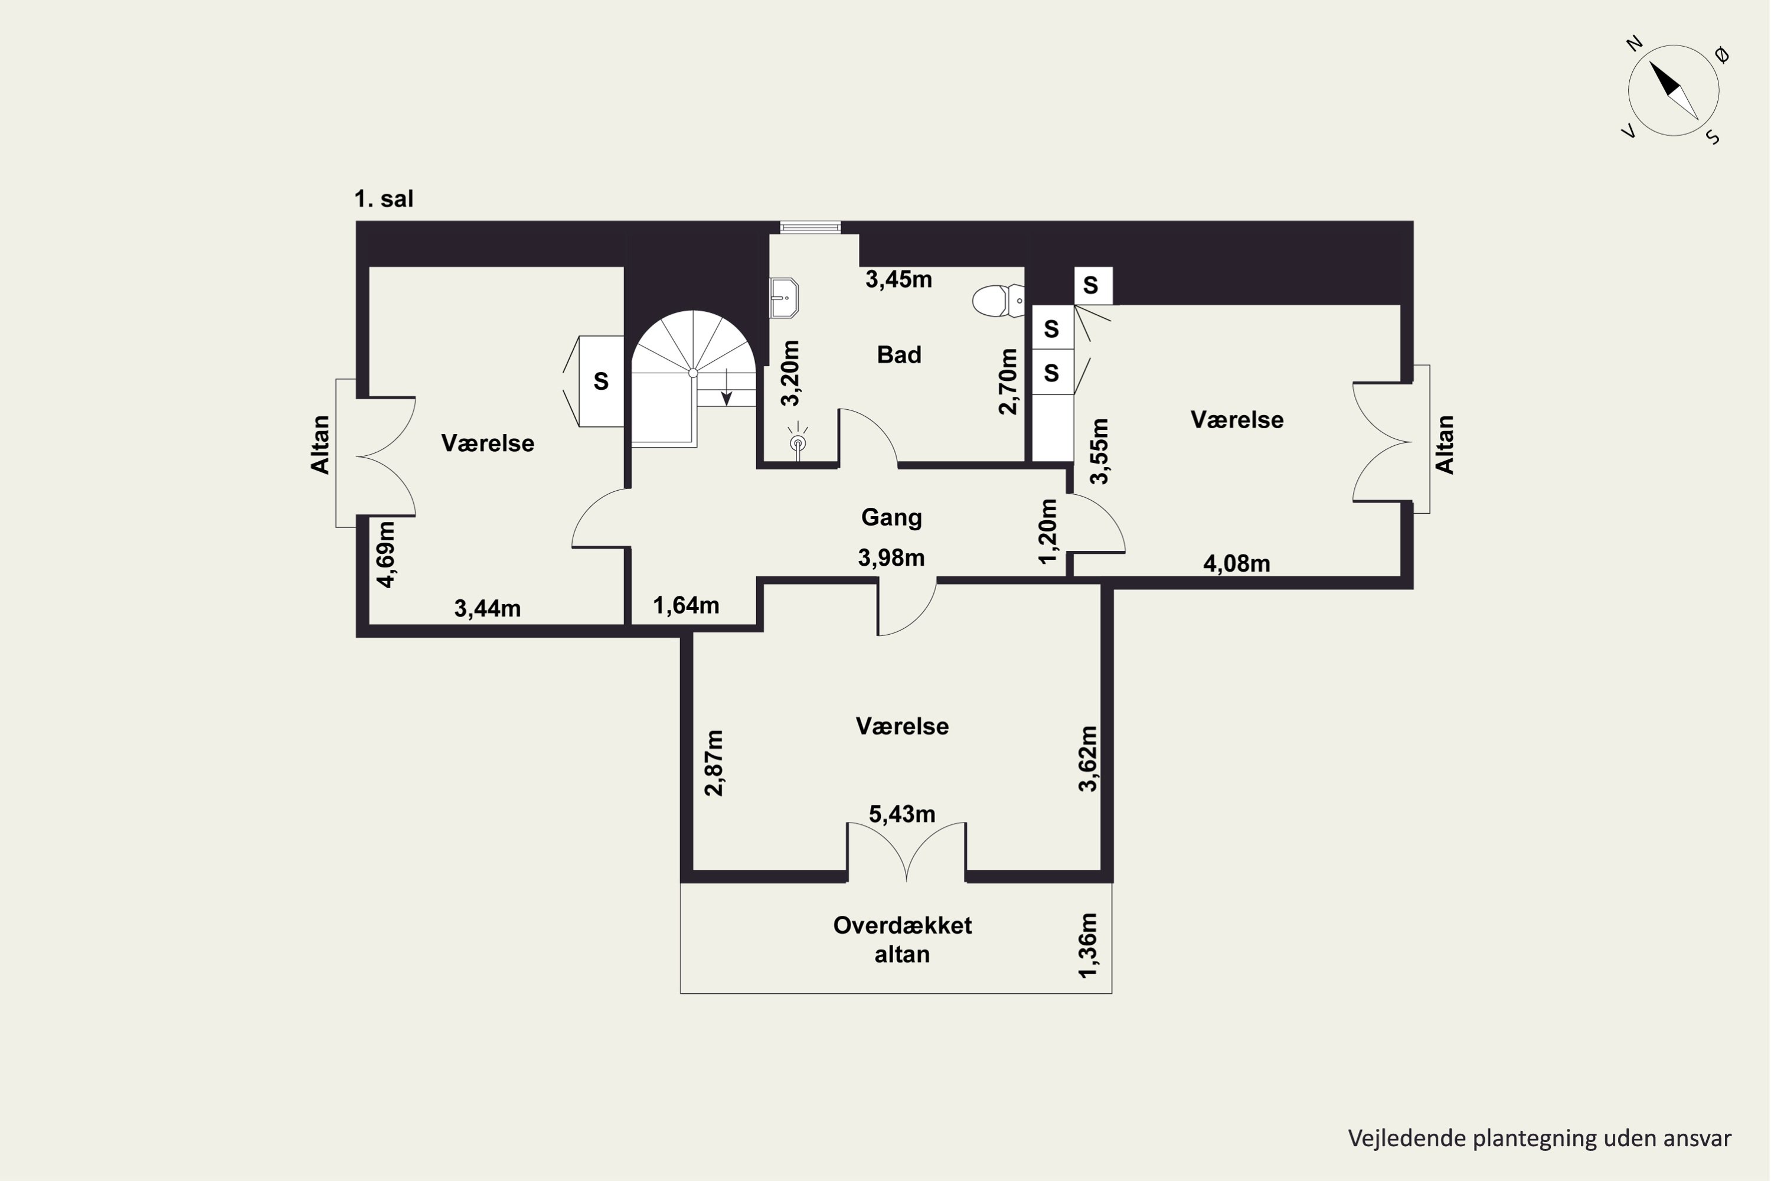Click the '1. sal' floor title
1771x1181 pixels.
point(384,199)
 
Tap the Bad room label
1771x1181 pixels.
point(899,355)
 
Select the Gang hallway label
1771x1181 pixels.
point(891,517)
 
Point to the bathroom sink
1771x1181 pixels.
point(784,298)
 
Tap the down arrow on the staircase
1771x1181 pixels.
point(727,388)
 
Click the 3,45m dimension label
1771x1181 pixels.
point(899,280)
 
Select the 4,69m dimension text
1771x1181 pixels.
point(385,554)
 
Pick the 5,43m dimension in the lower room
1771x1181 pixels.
point(902,814)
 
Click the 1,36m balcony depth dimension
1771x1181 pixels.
point(1088,945)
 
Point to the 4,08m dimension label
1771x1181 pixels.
point(1236,563)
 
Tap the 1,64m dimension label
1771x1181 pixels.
point(686,606)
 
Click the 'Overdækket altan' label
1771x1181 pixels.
point(902,940)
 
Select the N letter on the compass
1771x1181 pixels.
point(1634,44)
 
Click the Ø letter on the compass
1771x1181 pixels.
point(1722,54)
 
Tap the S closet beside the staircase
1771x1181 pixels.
point(601,381)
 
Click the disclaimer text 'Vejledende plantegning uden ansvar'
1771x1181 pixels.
point(1540,1138)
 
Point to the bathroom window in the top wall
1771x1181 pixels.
point(810,227)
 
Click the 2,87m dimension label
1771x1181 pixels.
point(714,762)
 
